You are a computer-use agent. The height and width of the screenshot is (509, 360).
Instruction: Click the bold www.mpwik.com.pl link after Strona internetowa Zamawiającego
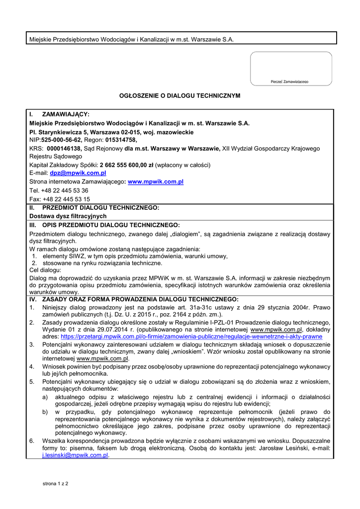156,182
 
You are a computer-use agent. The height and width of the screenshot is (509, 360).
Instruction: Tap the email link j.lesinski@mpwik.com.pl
75,455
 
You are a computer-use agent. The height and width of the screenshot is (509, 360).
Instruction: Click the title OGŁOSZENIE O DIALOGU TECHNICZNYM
180,95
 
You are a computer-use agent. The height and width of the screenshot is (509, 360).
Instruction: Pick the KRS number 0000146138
64,149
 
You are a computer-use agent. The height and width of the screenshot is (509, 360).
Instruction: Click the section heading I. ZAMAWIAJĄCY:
59,114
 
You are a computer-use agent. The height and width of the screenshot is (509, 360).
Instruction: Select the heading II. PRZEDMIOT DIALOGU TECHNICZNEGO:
94,207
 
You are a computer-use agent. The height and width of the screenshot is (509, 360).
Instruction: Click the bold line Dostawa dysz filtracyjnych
68,216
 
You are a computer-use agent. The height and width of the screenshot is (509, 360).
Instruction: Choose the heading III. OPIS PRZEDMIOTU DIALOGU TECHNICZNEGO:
104,225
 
